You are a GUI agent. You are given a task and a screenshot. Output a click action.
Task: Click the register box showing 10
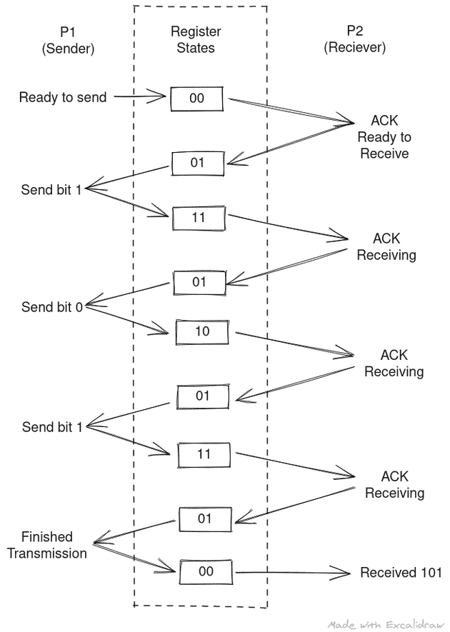(202, 332)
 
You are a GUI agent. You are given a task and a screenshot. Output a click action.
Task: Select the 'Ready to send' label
(63, 97)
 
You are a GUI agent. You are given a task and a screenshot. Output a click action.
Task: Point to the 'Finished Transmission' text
(46, 545)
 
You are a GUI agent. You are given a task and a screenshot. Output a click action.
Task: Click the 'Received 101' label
(401, 573)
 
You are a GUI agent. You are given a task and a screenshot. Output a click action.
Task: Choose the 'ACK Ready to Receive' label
(384, 136)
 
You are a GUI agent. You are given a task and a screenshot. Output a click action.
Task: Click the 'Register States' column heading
(196, 40)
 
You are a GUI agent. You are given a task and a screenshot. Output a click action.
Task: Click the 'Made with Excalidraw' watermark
(386, 624)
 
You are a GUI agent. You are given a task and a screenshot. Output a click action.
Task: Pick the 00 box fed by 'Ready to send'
(197, 99)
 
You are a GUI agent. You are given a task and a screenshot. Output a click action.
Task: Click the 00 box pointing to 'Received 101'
(206, 572)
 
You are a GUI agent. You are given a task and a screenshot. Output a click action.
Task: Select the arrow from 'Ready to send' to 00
(140, 96)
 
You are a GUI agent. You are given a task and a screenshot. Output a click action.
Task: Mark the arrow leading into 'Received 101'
(293, 573)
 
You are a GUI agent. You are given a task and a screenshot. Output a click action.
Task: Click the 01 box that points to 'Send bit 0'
(199, 282)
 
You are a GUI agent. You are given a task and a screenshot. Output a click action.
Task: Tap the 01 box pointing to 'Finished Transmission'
(205, 518)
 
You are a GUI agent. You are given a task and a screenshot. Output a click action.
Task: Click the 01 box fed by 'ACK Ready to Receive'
(197, 163)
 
